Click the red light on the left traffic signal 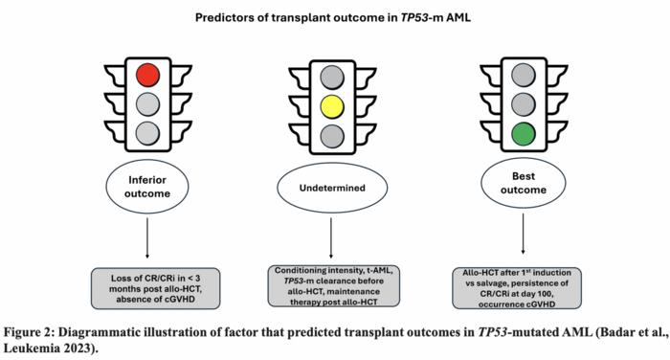(146, 75)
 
